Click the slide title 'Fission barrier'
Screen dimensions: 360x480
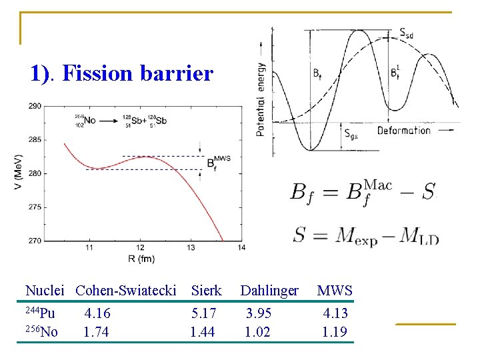137,73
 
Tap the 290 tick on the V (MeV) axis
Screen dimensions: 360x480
34,106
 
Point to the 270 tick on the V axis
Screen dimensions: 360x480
34,241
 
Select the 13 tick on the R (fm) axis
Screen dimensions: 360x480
191,248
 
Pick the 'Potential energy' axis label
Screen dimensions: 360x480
261,99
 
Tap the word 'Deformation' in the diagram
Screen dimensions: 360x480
403,130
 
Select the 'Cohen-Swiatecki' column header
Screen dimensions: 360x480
126,291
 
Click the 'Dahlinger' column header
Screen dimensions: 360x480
269,291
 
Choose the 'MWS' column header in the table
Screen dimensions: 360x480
335,291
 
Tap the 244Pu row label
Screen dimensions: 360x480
41,313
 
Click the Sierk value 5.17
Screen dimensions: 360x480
203,313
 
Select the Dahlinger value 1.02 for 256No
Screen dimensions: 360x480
257,332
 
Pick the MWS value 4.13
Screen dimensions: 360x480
335,313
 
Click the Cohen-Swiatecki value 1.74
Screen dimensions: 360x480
97,332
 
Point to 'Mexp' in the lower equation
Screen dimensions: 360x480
357,235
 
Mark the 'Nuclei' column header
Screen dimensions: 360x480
44,291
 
